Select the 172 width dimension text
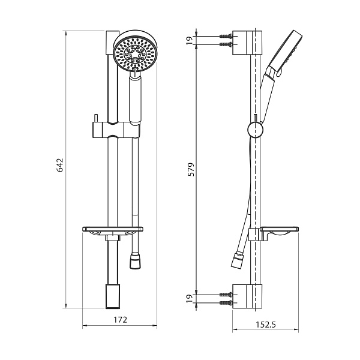point(120,320)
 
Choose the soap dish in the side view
point(277,233)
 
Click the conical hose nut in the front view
point(135,262)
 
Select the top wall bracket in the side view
point(248,40)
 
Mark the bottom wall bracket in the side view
point(248,297)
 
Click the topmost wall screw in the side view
point(226,36)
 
